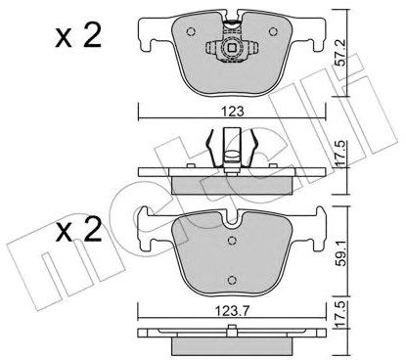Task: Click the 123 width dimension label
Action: tap(233, 112)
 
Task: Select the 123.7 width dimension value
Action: tap(232, 311)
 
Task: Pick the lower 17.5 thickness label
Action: tap(340, 315)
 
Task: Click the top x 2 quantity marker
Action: tap(78, 36)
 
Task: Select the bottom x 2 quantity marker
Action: tap(78, 230)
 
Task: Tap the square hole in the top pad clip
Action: tap(232, 48)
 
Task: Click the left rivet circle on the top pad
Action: tap(191, 31)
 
